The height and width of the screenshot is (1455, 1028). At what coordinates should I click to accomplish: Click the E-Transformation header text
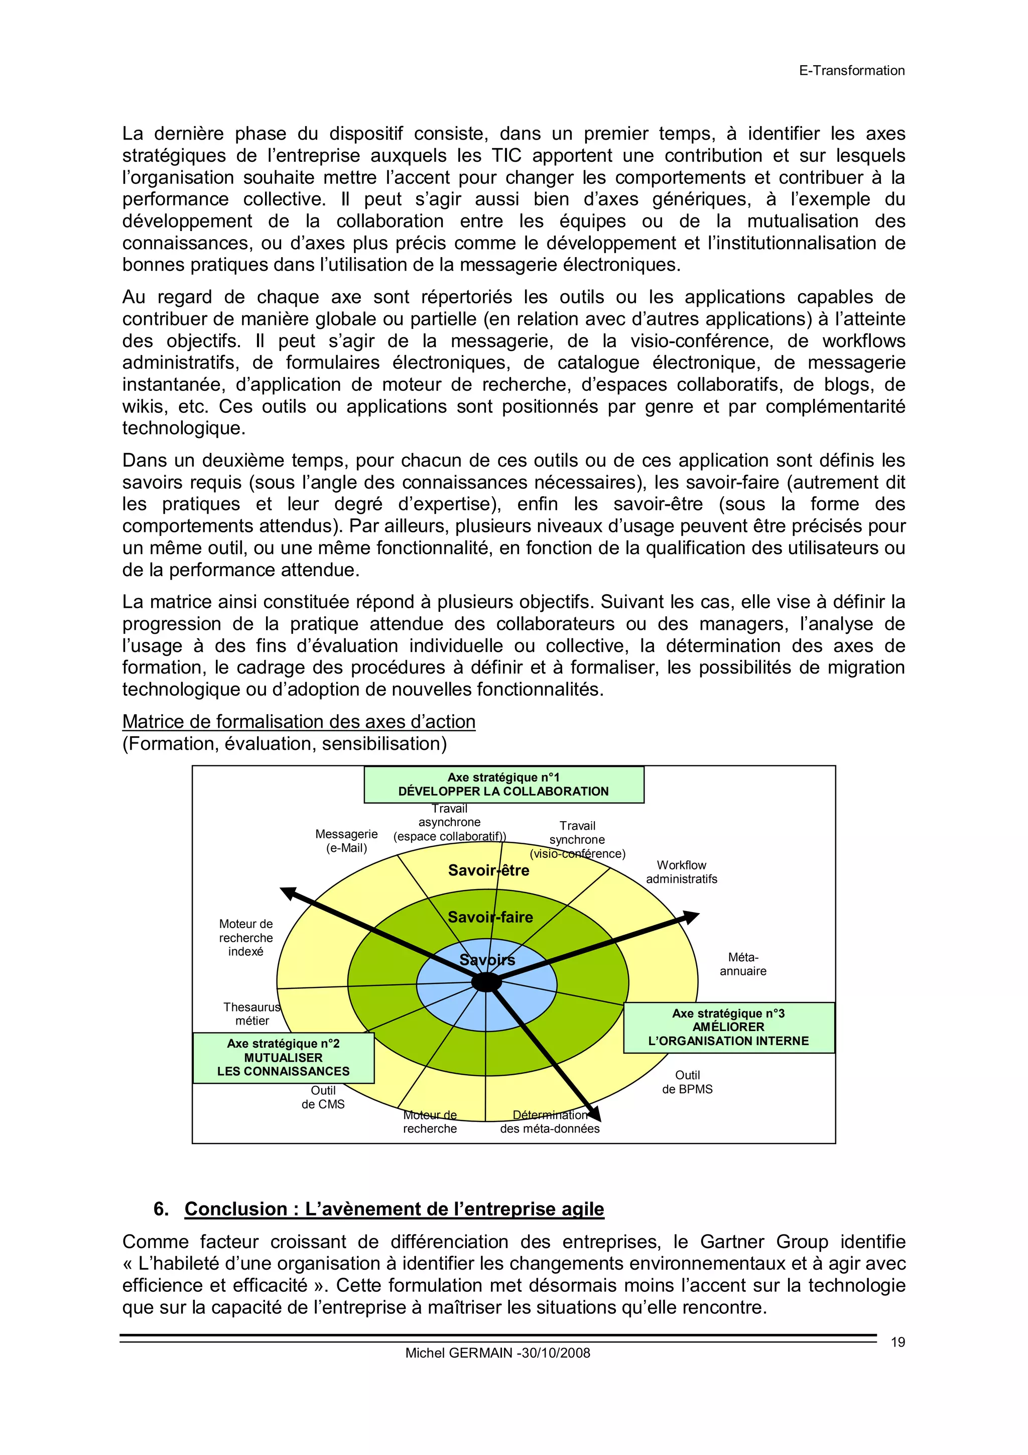[851, 70]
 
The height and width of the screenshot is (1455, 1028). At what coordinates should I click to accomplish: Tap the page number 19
[897, 1341]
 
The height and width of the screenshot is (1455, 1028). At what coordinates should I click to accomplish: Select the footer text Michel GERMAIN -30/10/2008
[497, 1353]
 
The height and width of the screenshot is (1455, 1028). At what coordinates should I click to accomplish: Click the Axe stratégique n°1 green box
[503, 785]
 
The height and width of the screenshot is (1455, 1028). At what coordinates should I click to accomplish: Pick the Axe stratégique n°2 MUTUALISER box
[283, 1058]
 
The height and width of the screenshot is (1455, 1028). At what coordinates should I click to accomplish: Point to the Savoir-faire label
[490, 917]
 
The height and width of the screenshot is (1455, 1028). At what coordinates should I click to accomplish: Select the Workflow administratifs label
[682, 872]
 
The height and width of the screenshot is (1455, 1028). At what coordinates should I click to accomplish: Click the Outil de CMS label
[323, 1097]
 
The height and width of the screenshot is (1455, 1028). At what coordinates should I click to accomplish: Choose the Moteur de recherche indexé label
[246, 937]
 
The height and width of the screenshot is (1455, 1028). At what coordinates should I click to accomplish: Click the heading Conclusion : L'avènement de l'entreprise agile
[394, 1208]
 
